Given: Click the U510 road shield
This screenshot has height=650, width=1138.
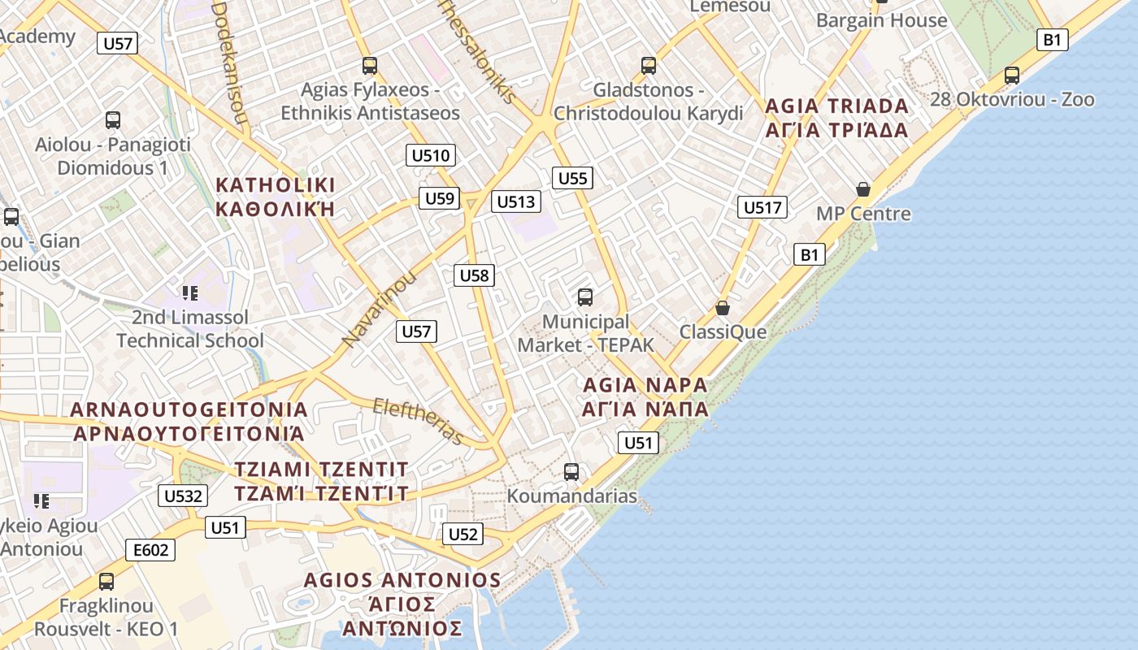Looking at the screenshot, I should (431, 155).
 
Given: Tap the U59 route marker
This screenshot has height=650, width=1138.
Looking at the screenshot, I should (440, 198).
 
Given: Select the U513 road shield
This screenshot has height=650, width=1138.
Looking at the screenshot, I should (516, 201).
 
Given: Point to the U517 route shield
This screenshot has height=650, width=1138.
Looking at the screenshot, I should (762, 207).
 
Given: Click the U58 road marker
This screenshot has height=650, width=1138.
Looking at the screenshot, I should (474, 275).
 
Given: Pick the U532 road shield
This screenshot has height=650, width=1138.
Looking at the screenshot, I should (183, 496).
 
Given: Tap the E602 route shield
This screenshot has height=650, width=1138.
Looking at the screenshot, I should (151, 551).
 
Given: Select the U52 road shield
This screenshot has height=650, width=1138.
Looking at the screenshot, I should (463, 534).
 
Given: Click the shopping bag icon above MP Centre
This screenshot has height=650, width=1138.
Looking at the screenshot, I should (862, 190).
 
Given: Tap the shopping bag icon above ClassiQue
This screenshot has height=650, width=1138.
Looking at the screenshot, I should (722, 308).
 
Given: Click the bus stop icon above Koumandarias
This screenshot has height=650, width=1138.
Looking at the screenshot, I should (571, 471).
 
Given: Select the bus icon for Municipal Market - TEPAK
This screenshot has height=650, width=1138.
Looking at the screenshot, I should (585, 297).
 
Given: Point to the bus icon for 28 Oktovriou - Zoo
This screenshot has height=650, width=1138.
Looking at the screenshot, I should (1012, 76).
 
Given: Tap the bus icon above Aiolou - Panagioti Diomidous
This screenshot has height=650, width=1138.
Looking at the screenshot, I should (113, 120).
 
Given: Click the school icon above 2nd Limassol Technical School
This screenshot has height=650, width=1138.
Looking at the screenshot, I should (190, 292).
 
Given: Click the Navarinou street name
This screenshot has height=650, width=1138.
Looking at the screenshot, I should (379, 308).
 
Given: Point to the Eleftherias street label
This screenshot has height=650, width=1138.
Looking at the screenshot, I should (419, 421).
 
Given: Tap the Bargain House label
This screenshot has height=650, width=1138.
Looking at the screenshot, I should (881, 20).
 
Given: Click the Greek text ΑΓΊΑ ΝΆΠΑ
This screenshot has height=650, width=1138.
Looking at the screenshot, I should (645, 409).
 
